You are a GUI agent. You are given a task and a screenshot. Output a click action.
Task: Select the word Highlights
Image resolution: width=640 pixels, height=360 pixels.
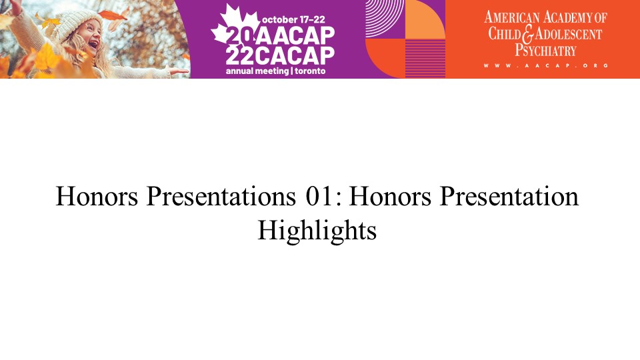coord(317,231)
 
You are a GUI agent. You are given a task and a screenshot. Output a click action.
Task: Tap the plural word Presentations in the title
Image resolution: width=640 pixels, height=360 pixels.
coord(221,196)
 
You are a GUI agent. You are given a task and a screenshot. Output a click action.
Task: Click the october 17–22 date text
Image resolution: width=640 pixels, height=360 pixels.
coord(293,19)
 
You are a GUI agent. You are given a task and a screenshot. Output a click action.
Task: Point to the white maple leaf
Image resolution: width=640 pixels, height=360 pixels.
coord(235,27)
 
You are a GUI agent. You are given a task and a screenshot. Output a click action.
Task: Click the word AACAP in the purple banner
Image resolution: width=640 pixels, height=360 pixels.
coord(296,36)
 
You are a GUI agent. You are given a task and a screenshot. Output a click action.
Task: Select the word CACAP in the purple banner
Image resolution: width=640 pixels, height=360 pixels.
coord(296,56)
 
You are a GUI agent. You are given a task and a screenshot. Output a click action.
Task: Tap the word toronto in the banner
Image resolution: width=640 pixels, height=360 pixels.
coord(310,71)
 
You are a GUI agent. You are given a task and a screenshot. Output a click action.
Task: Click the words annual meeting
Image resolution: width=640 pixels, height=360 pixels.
coord(257,71)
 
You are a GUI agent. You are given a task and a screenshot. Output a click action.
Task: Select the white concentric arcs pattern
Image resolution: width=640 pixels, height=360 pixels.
coord(385,19)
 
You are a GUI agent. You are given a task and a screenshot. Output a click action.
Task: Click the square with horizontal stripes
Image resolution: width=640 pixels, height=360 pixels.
coord(425,59)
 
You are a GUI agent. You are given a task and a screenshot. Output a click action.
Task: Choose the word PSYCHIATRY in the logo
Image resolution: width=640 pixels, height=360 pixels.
coord(545,51)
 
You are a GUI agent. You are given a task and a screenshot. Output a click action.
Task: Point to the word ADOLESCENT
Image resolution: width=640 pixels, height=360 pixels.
coord(569,34)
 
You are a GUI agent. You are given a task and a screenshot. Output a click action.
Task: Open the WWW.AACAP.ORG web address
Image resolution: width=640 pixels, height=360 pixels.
coord(546,65)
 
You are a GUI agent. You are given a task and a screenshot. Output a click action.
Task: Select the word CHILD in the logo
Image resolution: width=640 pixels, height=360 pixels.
coord(505,33)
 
